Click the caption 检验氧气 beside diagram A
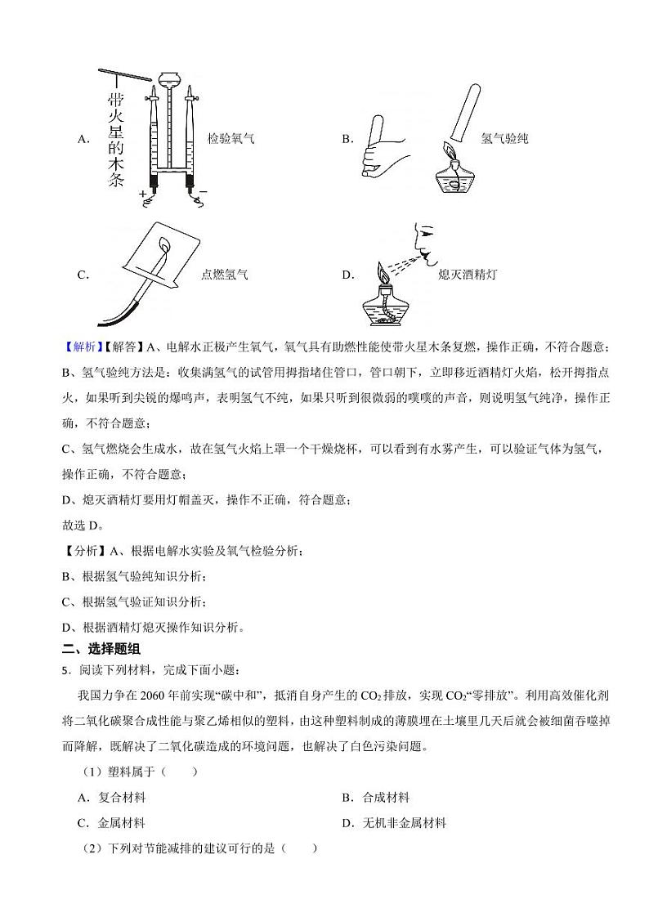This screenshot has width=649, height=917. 231,139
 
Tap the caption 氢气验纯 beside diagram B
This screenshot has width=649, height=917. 504,139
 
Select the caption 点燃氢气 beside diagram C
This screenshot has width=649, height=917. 224,275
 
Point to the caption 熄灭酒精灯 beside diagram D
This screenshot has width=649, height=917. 467,275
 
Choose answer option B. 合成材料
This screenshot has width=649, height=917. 376,797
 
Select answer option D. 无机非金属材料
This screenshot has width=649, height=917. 394,823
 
